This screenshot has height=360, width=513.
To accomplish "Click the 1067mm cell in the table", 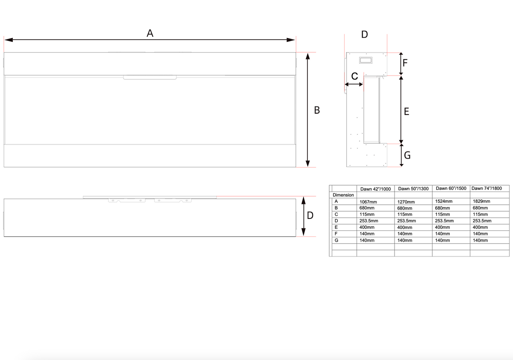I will point(368,201).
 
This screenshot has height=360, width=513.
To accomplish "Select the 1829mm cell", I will point(481,201).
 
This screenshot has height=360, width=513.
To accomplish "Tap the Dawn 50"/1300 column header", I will point(413,189).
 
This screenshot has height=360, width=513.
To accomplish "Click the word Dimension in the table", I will point(343,195).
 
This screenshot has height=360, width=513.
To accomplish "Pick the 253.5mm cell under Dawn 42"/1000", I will point(369,221).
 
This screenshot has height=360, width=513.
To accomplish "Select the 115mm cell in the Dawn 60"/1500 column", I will point(442,214).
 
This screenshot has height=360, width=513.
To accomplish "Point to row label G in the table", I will point(336,240).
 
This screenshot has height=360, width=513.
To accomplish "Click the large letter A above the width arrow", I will point(150,33).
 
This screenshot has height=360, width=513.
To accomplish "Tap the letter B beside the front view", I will point(317,110).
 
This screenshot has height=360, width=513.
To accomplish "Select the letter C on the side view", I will point(354,76).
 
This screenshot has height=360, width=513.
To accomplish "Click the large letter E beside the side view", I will point(407,112).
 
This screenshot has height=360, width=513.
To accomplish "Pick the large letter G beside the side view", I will point(407,156).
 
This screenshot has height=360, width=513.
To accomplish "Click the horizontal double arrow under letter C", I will point(354,85).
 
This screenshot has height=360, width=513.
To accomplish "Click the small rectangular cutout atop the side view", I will point(366,60).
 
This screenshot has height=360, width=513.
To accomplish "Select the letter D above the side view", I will point(364,34).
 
